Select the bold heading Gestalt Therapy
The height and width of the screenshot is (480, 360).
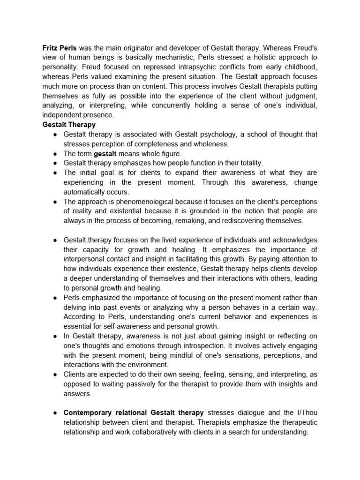pyautogui.click(x=69, y=125)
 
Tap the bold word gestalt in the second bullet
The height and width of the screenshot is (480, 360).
pyautogui.click(x=105, y=153)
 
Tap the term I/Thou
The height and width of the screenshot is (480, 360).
pyautogui.click(x=305, y=412)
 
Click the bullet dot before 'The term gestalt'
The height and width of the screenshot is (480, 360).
pyautogui.click(x=55, y=154)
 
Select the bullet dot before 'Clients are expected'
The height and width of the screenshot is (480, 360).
pyautogui.click(x=55, y=375)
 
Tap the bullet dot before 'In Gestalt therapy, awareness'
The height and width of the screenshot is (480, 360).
pyautogui.click(x=55, y=336)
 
